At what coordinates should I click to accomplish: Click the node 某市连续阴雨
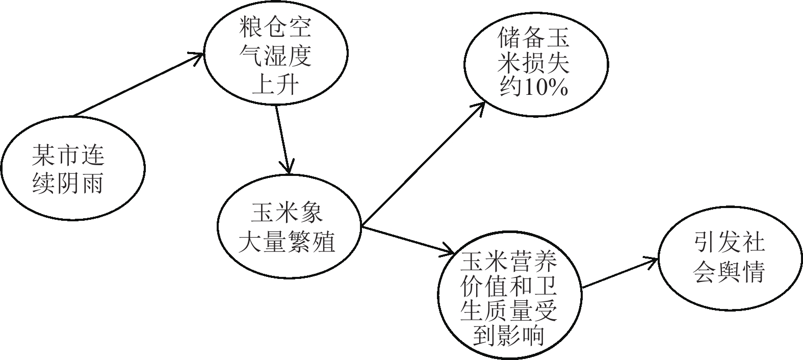72,168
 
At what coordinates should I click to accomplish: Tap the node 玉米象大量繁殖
289,226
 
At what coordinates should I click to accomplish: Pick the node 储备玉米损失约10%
535,64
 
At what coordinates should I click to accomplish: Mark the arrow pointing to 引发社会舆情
619,274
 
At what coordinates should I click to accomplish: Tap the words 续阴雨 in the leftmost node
68,182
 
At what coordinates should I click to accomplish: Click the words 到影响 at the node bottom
509,335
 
